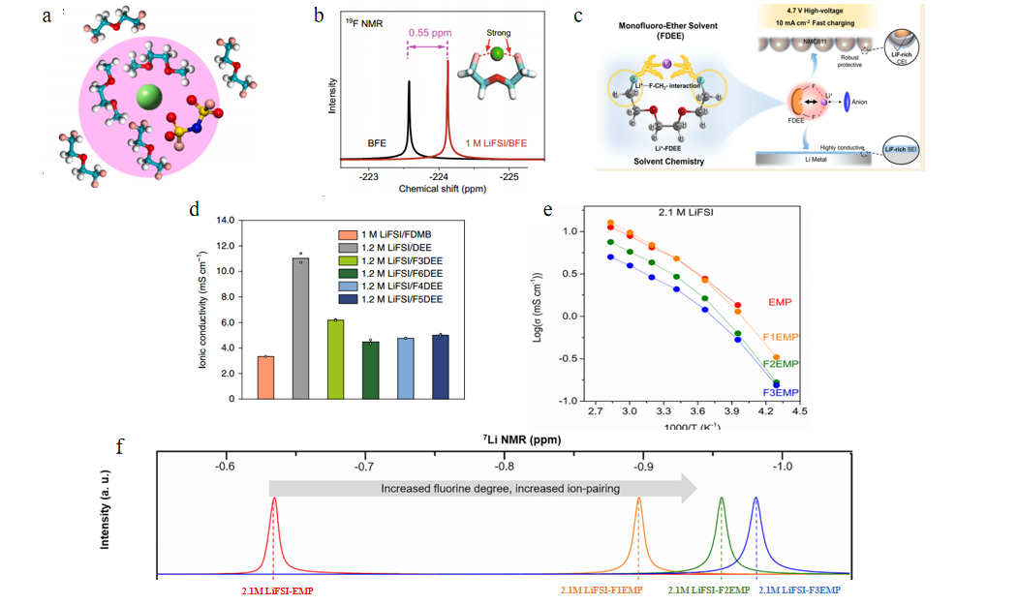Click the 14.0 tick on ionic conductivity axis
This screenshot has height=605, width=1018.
(x=225, y=221)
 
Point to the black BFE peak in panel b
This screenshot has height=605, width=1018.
(x=409, y=116)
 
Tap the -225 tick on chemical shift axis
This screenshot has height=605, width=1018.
(x=509, y=177)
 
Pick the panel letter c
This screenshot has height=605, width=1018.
(x=578, y=16)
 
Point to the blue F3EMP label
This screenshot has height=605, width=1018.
(x=781, y=393)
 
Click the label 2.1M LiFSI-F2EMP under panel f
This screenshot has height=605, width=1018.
(x=709, y=590)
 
